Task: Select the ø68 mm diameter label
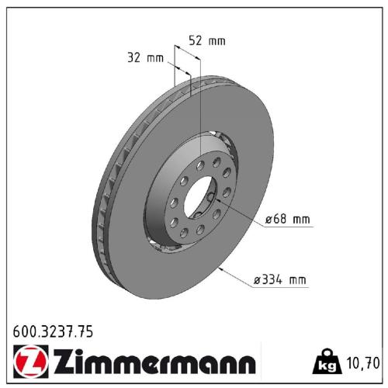pos(287,220)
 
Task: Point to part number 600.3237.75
pos(53,331)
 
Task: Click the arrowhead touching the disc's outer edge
pos(223,268)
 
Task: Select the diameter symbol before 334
pos(258,279)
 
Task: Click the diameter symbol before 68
pos(268,220)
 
